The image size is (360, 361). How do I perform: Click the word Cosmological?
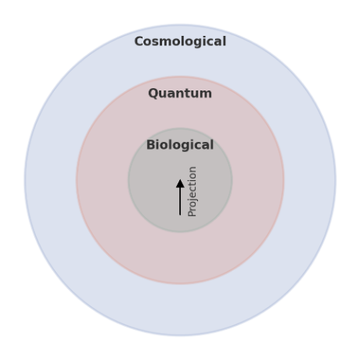[180, 41]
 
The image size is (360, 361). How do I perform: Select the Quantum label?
[180, 94]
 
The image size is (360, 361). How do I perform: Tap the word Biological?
[180, 145]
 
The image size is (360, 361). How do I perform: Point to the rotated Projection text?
[192, 191]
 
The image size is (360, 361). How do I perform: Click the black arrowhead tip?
[180, 179]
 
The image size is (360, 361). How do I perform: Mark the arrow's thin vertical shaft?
[180, 201]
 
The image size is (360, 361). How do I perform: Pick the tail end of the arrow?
[180, 215]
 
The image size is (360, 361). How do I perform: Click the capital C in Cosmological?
[139, 41]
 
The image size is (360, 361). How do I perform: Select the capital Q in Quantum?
[154, 94]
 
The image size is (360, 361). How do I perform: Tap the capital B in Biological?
[151, 145]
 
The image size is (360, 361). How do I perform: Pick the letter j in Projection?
[192, 200]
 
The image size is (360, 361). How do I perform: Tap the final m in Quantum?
[206, 94]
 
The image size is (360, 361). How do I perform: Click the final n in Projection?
[193, 169]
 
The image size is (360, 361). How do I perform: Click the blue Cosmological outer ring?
[180, 310]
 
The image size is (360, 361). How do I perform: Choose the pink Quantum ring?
[180, 257]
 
